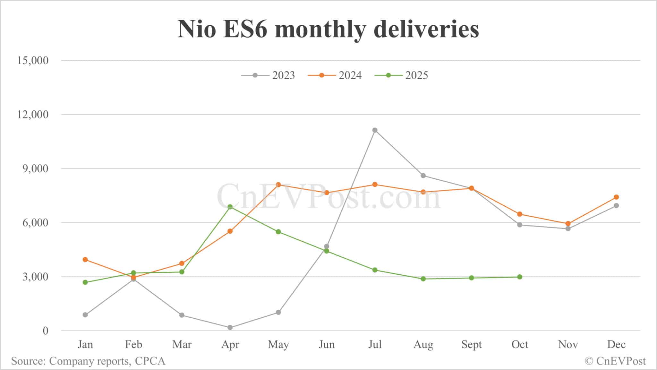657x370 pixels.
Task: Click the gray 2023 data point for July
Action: coord(375,130)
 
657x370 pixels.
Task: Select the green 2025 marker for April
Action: coord(230,207)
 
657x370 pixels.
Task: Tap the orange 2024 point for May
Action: coord(278,185)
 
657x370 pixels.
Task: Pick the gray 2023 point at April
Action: coord(230,327)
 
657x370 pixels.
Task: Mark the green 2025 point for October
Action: coord(520,277)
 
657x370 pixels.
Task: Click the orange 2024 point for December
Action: coord(616,197)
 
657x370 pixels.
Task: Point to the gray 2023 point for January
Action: coord(85,315)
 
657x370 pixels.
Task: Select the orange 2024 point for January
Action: coord(85,259)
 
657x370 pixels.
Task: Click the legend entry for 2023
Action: coord(268,75)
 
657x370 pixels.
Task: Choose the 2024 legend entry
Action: coord(335,75)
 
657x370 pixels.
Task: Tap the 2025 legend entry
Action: coord(401,75)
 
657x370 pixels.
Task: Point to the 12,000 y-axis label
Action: coord(32,115)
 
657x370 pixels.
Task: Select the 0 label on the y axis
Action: coord(45,331)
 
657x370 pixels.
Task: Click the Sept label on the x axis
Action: coord(471,344)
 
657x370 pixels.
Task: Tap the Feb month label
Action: coord(133,344)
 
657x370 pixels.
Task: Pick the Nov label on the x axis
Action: coord(568,344)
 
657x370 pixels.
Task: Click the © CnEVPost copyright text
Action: coord(615,361)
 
